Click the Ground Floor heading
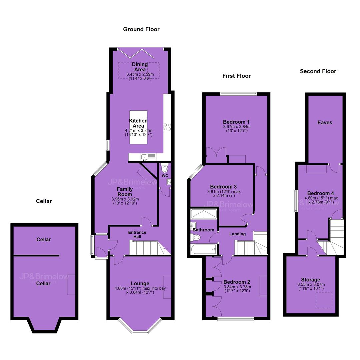(x=141, y=29)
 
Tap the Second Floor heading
(x=318, y=71)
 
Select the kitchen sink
(x=144, y=157)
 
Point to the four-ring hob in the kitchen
(x=167, y=127)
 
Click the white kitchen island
(x=138, y=127)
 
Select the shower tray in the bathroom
(x=204, y=214)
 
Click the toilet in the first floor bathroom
(x=195, y=237)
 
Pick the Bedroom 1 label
(x=236, y=122)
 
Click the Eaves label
(x=325, y=122)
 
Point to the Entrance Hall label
(x=137, y=234)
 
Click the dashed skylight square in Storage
(x=324, y=301)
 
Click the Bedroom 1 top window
(x=238, y=93)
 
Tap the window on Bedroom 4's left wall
(x=296, y=200)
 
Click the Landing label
(x=237, y=234)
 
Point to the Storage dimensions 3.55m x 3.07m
(x=311, y=284)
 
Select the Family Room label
(x=125, y=192)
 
